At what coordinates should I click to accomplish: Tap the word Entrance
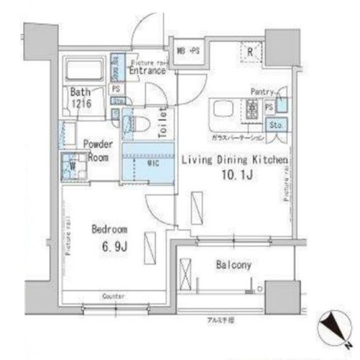tap(149, 71)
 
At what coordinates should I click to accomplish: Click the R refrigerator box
tap(248, 51)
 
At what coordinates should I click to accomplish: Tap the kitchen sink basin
tap(222, 112)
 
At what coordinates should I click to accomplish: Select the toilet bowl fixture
tap(140, 124)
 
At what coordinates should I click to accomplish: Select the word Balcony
tap(233, 266)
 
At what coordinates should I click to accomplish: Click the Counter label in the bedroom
tap(113, 297)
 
